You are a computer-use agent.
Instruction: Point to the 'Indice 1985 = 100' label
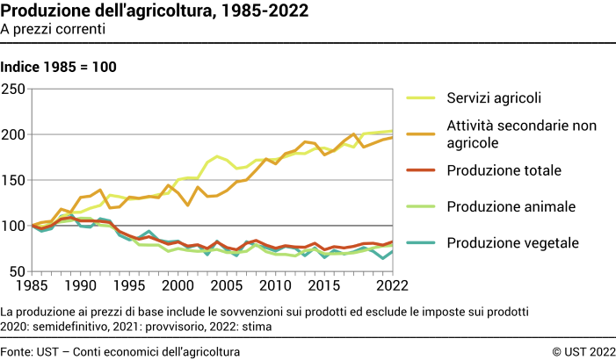pos(59,67)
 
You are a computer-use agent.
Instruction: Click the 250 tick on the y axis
pos(14,89)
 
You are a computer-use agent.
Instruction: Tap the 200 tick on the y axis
pos(14,134)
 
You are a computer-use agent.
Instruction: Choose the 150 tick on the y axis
pos(14,180)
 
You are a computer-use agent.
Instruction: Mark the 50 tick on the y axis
pos(18,271)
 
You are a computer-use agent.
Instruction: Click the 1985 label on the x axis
pos(33,286)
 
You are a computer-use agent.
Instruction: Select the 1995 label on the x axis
pos(129,286)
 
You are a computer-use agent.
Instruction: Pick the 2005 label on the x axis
pos(227,286)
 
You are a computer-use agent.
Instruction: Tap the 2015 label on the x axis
pos(323,286)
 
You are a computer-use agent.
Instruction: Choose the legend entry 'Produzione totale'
pos(503,170)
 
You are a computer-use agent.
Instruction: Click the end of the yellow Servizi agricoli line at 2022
pos(391,131)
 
